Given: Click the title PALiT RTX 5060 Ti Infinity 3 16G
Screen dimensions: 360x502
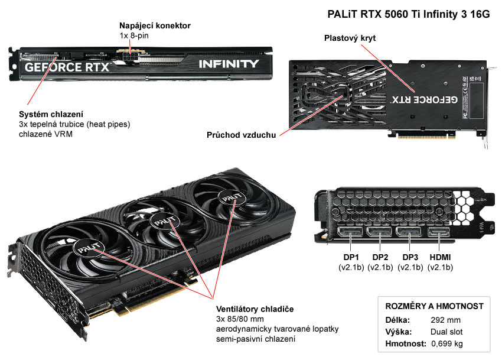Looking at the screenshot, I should [x=409, y=15].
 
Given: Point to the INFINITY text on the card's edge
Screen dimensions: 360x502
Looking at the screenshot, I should [x=228, y=64].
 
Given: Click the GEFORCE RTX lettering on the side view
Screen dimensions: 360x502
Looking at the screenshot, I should [x=67, y=66].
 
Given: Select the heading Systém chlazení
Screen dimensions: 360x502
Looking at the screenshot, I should [x=51, y=113].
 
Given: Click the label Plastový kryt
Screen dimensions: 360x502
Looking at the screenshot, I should [x=350, y=38].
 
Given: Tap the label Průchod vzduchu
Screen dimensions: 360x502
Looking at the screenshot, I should [x=241, y=135].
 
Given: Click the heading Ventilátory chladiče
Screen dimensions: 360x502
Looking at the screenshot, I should [x=255, y=309].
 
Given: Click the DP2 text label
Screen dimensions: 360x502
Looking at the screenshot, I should [x=381, y=257].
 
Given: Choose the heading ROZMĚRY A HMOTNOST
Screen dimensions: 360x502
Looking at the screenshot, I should [x=434, y=306].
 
